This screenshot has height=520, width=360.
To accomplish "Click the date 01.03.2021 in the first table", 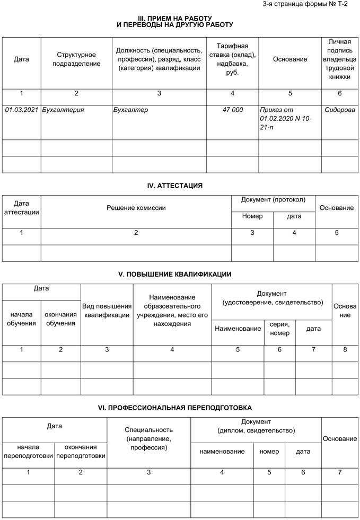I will pyautogui.click(x=22, y=110).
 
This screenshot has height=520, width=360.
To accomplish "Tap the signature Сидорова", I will pyautogui.click(x=340, y=110).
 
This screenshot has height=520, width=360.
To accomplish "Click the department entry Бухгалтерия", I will pyautogui.click(x=63, y=110).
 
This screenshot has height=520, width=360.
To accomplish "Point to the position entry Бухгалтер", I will pyautogui.click(x=130, y=110).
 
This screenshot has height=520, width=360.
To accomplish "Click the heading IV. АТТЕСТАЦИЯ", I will pyautogui.click(x=175, y=186).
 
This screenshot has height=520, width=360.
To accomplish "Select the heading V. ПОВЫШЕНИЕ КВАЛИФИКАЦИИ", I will pyautogui.click(x=174, y=274).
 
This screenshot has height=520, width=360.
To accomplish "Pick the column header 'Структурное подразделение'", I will pyautogui.click(x=76, y=59).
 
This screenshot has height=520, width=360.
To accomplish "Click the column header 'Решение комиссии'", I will pyautogui.click(x=136, y=208).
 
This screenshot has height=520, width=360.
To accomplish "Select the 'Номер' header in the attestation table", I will pyautogui.click(x=252, y=216).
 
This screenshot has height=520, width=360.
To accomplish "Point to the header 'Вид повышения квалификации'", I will pyautogui.click(x=107, y=311).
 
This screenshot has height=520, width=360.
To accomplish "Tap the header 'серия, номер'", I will pyautogui.click(x=279, y=329).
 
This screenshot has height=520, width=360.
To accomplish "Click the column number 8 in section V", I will pyautogui.click(x=345, y=349).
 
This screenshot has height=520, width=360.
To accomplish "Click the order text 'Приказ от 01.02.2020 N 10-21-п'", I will pyautogui.click(x=286, y=119).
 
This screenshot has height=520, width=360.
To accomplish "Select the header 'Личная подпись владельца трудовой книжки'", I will pyautogui.click(x=340, y=59).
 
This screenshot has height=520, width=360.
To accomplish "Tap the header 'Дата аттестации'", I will pyautogui.click(x=21, y=208).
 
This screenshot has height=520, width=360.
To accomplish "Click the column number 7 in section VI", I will pyautogui.click(x=340, y=472).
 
